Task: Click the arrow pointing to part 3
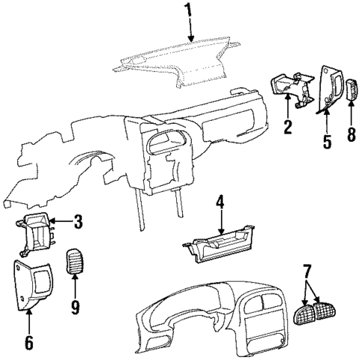(x=61, y=222)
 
